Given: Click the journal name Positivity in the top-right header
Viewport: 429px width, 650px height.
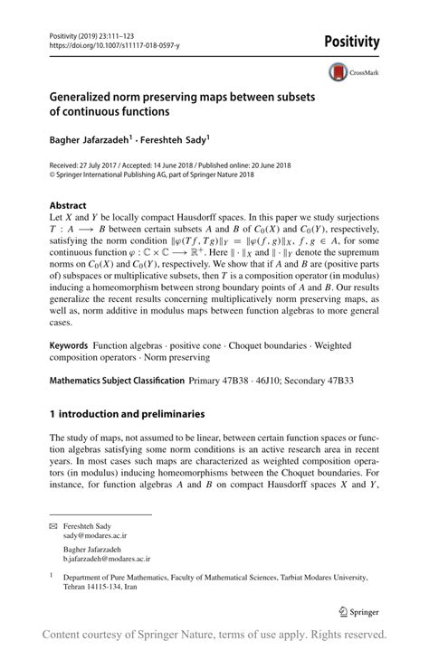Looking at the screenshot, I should tap(366, 42).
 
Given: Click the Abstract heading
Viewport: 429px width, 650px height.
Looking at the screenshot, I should tap(68, 205).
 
